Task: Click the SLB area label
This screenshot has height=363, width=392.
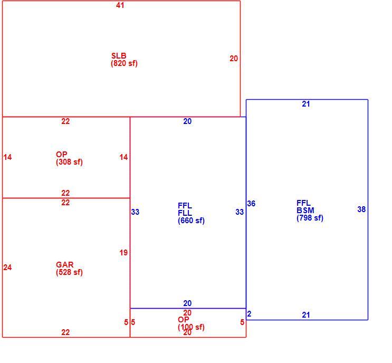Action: [x=119, y=55]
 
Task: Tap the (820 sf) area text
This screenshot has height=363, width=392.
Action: [x=124, y=63]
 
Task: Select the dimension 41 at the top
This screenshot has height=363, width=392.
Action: [x=120, y=5]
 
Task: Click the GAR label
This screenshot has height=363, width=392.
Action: [x=64, y=264]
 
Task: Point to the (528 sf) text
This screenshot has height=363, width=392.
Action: [x=69, y=272]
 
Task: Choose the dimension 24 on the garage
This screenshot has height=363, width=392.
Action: [x=7, y=268]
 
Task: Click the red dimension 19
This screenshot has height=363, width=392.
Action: [x=123, y=253]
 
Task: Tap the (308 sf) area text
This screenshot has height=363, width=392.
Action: [x=69, y=162]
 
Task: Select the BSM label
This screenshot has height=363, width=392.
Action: [x=305, y=210]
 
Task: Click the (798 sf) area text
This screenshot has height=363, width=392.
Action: [x=310, y=218]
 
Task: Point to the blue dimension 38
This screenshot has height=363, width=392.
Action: [x=361, y=209]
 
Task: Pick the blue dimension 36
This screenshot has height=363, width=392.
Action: [x=251, y=204]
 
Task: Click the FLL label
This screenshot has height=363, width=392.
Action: [x=185, y=213]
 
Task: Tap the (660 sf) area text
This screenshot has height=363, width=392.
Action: [x=191, y=221]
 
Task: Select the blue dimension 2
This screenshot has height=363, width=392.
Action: [x=249, y=314]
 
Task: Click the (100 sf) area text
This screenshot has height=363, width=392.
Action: [x=191, y=327]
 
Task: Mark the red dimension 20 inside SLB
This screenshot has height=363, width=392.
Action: [x=234, y=59]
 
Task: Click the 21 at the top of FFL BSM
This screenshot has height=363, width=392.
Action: [x=306, y=104]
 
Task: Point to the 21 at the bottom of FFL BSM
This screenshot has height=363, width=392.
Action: [x=306, y=315]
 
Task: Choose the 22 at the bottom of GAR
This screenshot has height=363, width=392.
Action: [x=65, y=332]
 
